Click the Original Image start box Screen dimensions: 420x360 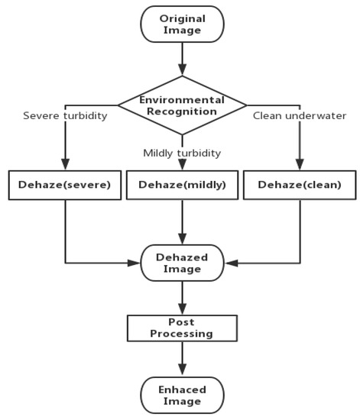[x=182, y=24]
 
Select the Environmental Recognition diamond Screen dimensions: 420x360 [x=182, y=105]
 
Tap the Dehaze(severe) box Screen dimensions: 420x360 [x=65, y=184]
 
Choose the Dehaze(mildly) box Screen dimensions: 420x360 [x=182, y=184]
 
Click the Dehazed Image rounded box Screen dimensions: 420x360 [x=182, y=263]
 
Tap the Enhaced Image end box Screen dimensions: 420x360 [x=182, y=396]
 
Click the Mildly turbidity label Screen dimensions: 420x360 [x=182, y=153]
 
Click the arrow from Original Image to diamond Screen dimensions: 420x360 [x=182, y=57]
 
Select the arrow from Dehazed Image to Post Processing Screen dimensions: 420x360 [x=182, y=297]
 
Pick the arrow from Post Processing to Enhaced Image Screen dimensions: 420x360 [x=182, y=360]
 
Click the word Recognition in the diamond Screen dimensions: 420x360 [x=182, y=111]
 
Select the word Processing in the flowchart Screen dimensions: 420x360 [x=182, y=334]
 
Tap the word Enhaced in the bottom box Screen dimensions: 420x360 [x=182, y=389]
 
